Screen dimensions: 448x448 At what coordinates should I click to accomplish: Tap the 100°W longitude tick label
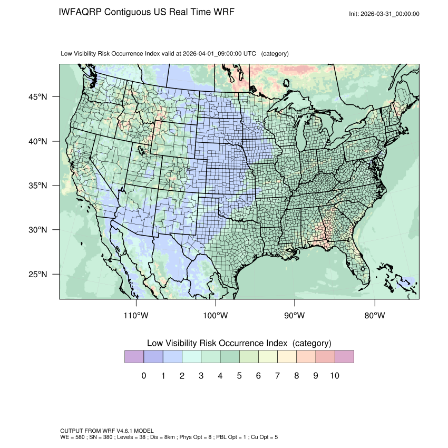click(x=216, y=316)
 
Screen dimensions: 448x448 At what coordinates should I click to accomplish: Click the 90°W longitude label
click(x=295, y=316)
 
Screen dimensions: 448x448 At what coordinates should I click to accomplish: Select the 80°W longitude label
click(x=374, y=316)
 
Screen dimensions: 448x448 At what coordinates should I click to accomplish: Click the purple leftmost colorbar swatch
click(x=134, y=357)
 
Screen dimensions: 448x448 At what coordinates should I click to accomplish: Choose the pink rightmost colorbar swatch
click(x=344, y=357)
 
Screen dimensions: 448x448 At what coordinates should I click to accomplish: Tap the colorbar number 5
click(x=239, y=376)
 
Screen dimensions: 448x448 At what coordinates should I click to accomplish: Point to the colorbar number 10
click(x=334, y=376)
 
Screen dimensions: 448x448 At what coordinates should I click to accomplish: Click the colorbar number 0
click(x=143, y=376)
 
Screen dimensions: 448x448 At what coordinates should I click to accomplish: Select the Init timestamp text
click(x=384, y=14)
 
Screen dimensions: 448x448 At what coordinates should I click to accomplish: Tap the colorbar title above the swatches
click(x=239, y=343)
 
